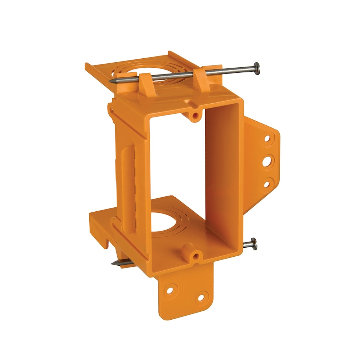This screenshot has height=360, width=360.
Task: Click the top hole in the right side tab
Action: pos(267,138)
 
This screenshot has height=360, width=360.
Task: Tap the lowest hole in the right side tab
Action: pos(267,184)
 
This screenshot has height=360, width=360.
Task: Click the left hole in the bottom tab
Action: pos(171,289)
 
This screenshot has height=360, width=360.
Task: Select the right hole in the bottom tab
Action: pos(201,298)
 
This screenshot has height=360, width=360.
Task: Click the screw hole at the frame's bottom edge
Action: pos(196,256)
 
